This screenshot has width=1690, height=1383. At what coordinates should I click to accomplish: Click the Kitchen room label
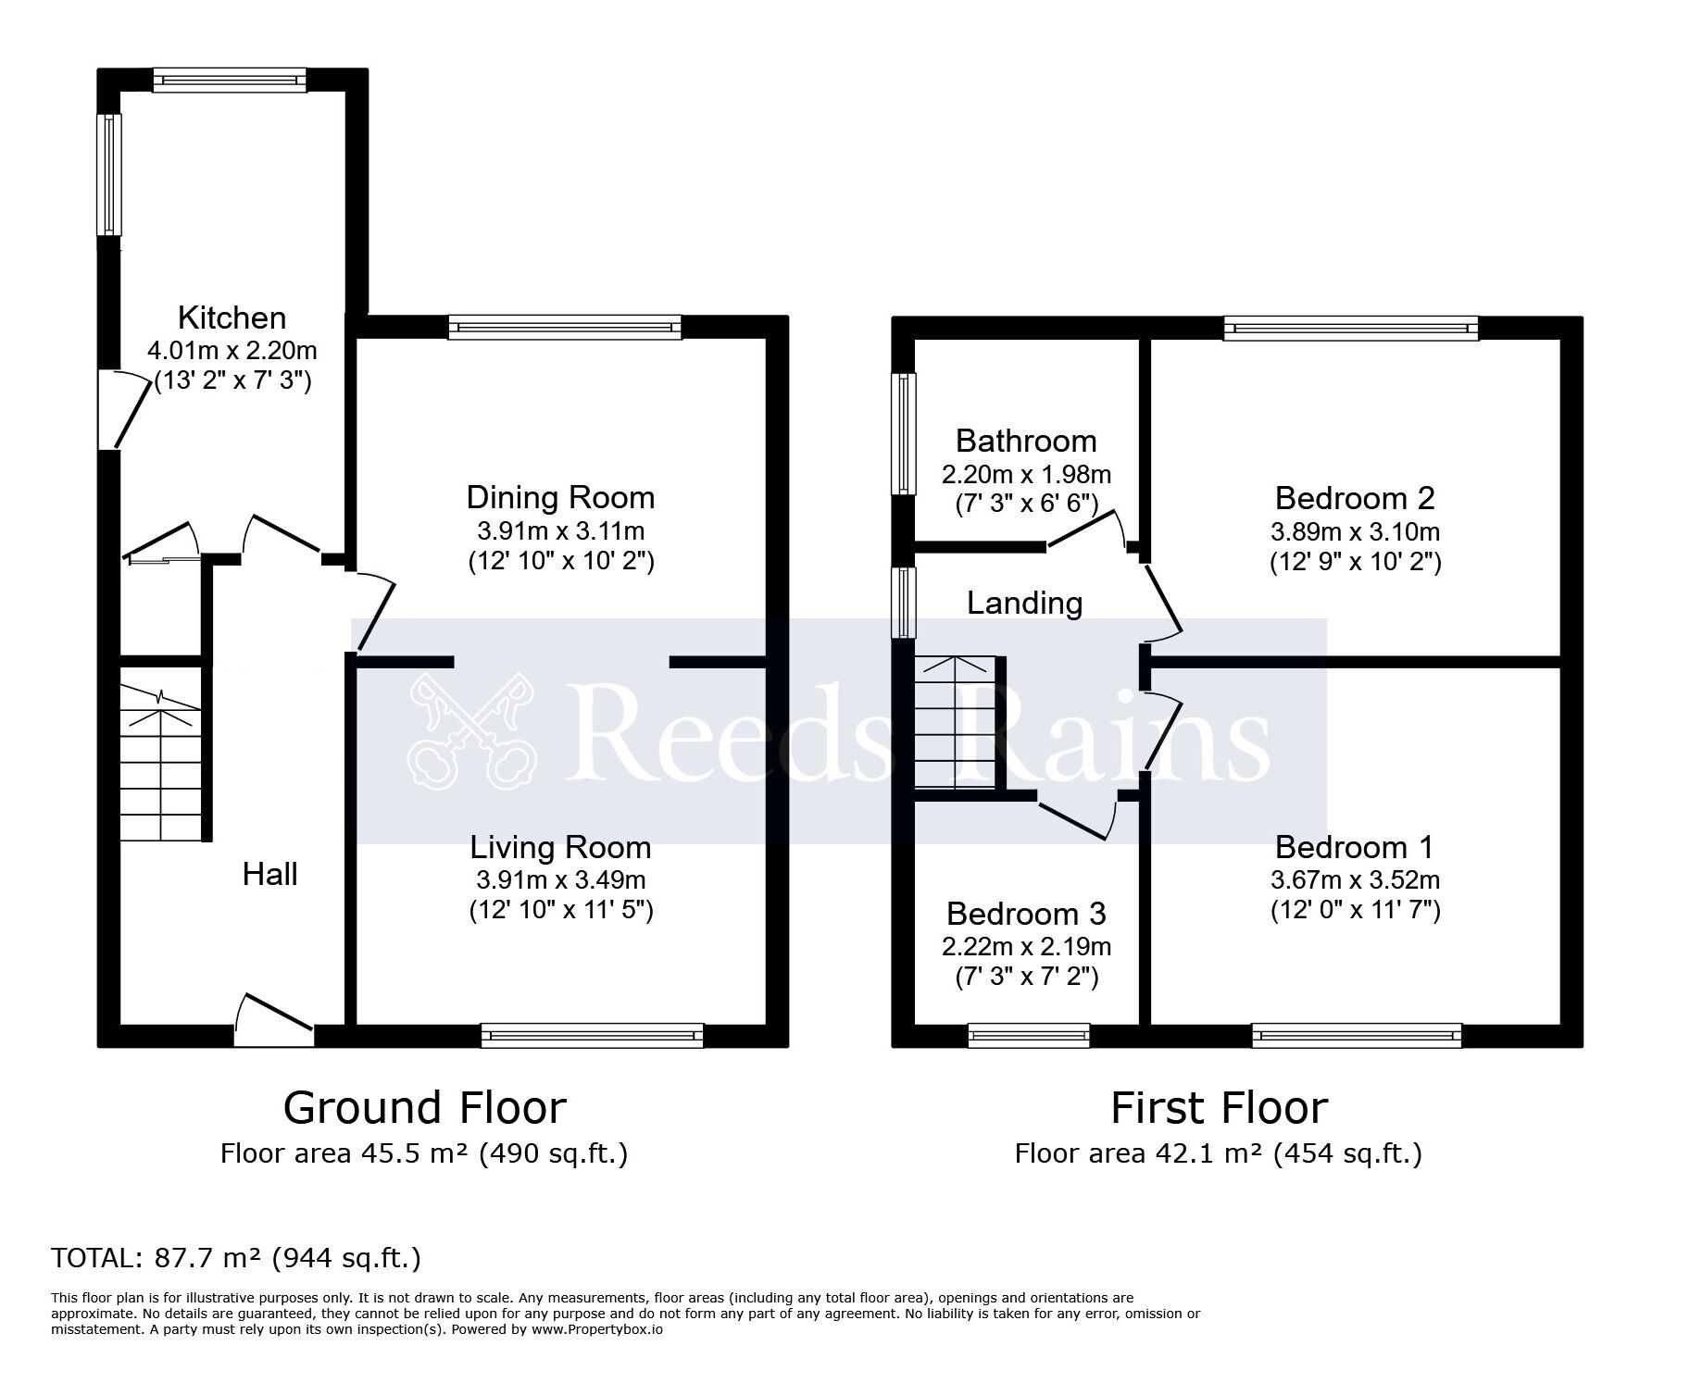232,318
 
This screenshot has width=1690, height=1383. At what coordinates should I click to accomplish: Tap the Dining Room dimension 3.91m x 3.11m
560,531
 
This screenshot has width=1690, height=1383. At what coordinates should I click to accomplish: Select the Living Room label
560,847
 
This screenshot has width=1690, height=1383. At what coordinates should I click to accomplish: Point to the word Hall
269,874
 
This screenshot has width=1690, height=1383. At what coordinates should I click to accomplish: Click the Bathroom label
1026,441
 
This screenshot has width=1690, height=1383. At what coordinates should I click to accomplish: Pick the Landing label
1024,603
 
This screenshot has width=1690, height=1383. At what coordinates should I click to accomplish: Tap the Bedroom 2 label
1354,498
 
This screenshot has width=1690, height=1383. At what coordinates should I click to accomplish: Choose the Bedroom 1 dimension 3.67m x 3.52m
1355,879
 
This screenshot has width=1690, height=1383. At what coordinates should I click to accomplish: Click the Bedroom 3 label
1026,914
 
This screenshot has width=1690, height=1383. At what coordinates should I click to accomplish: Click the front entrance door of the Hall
274,1019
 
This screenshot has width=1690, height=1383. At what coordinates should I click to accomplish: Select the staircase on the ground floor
161,763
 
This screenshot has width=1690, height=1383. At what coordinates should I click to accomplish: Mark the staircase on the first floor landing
955,723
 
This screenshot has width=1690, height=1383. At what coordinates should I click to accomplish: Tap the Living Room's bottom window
593,1035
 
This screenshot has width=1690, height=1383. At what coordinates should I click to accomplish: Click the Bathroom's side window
903,433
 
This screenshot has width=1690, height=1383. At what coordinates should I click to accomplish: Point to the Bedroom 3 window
1029,1035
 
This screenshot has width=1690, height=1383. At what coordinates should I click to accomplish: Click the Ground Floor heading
424,1107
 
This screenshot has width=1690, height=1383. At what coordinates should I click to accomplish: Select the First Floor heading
1219,1107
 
